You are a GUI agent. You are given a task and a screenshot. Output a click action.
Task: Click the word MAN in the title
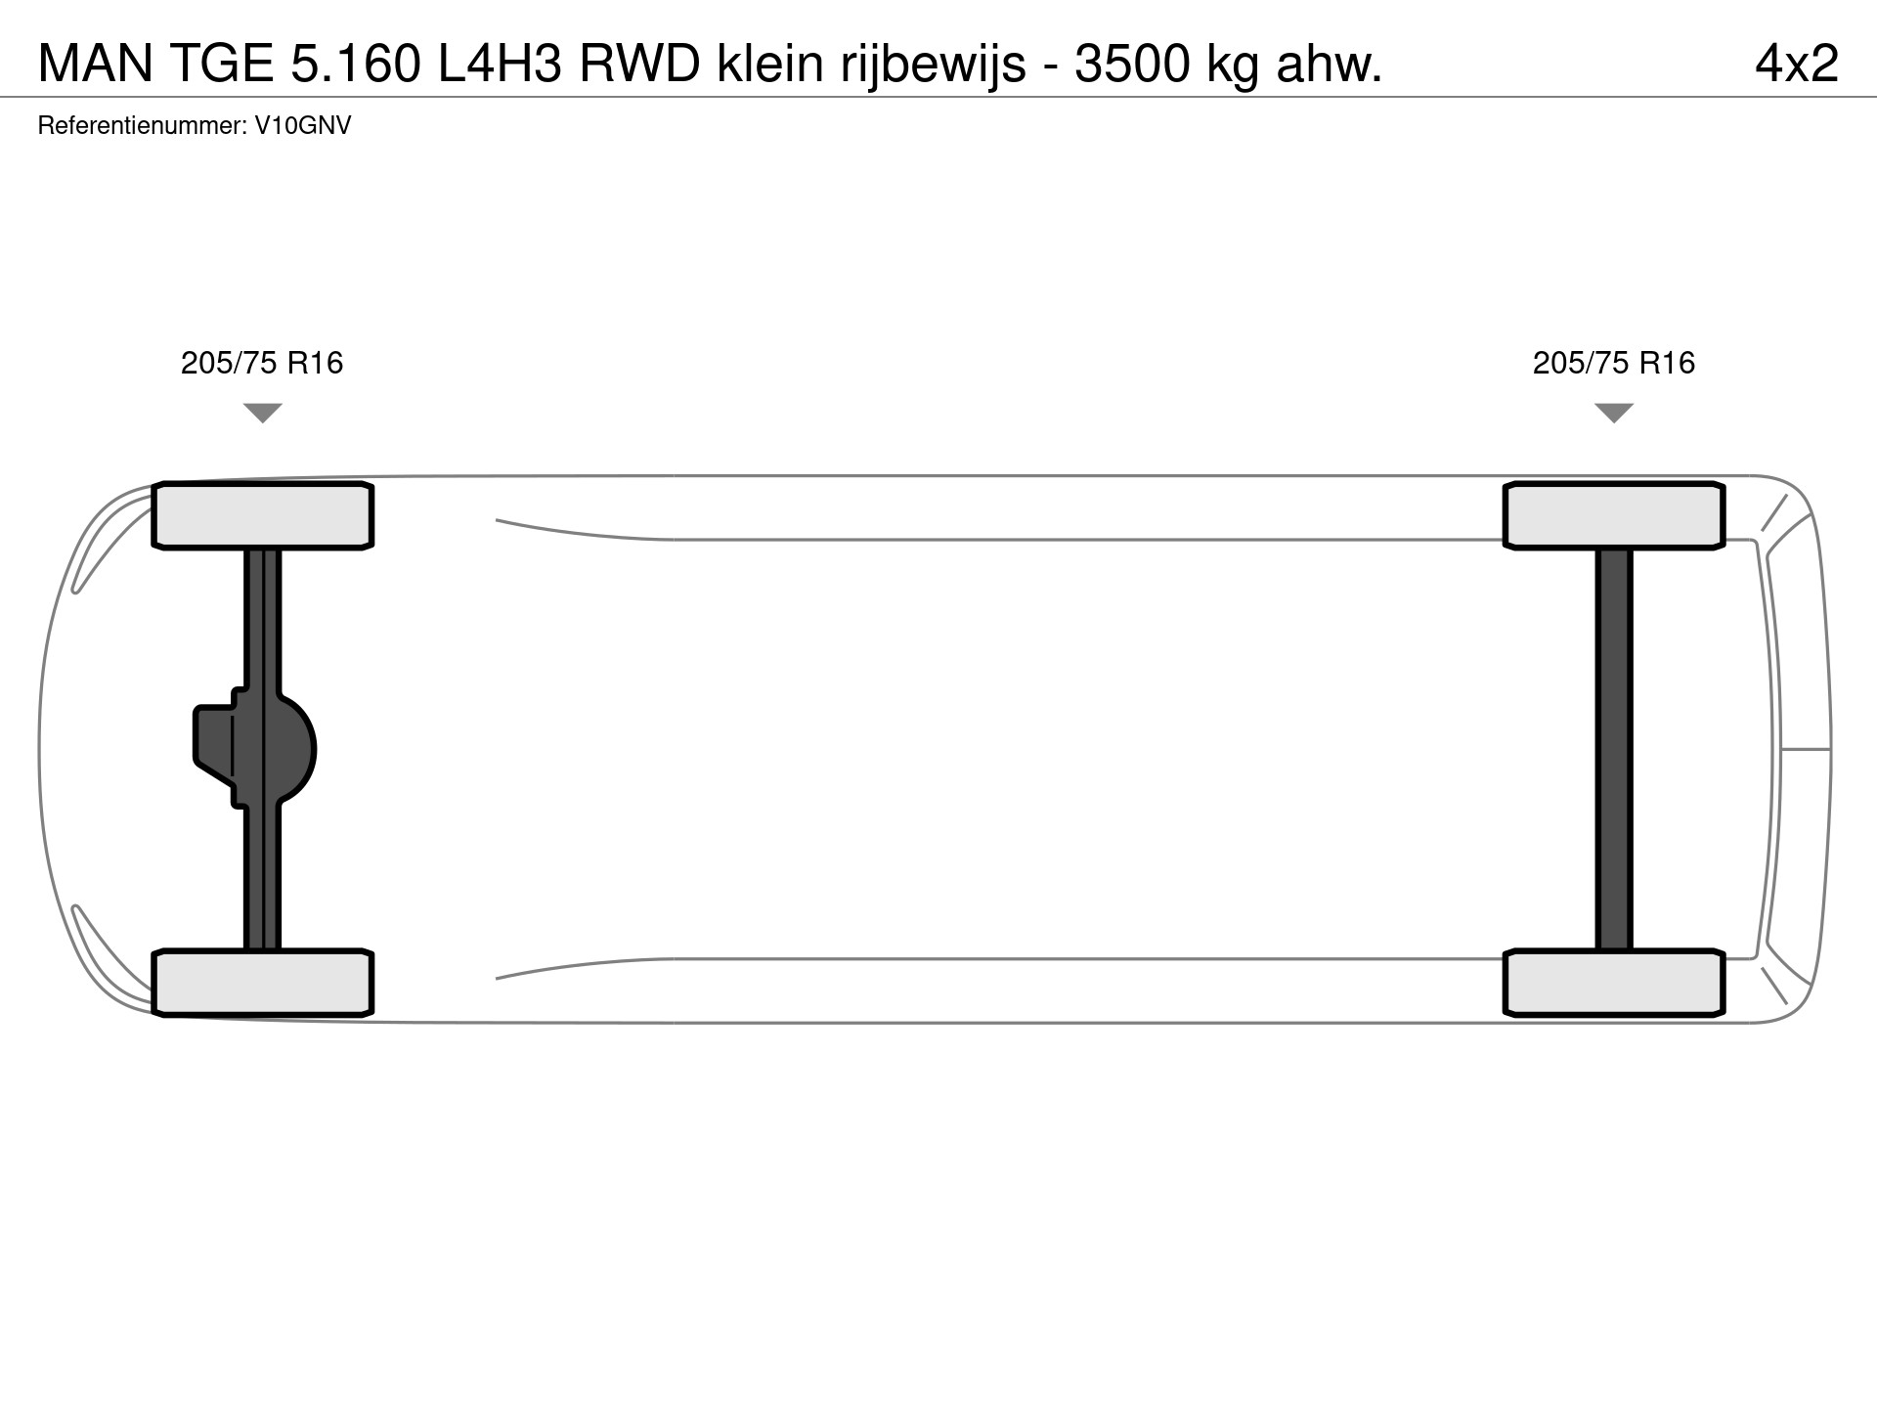(96, 65)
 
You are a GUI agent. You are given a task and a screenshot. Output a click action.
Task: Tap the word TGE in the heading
(224, 65)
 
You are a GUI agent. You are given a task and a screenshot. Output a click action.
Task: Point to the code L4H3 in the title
(500, 65)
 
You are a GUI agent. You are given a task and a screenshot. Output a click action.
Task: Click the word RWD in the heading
(639, 65)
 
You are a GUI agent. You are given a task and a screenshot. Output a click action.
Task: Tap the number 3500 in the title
(1132, 65)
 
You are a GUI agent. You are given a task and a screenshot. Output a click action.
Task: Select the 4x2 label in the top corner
(1797, 65)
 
